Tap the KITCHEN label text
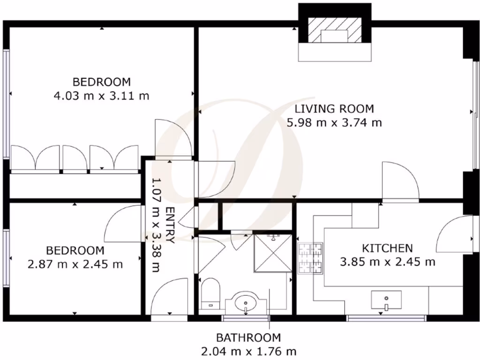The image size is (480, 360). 387,247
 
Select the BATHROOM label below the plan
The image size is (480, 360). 248,337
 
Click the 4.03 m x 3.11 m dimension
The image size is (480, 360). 102,97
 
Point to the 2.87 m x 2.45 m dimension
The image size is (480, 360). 75,264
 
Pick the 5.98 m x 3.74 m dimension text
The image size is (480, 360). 334,123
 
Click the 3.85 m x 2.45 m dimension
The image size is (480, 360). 388,262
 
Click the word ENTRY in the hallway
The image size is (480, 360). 170,225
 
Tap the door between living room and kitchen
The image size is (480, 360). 401,180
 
